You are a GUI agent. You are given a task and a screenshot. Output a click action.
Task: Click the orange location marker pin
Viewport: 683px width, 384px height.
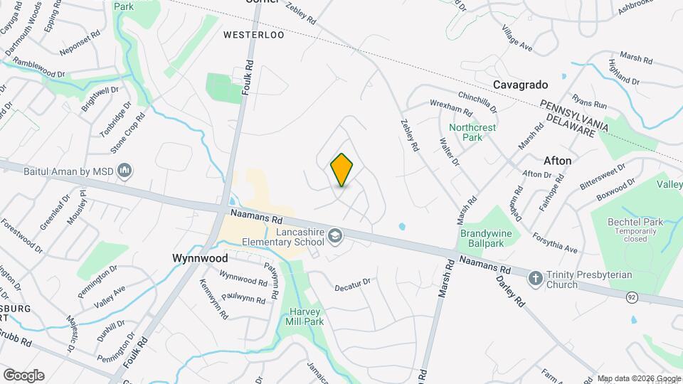point(341,169)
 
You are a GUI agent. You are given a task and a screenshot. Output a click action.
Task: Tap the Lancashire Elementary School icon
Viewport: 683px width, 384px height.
point(334,235)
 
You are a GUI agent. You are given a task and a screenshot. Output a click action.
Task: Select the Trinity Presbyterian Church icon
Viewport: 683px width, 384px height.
point(535,277)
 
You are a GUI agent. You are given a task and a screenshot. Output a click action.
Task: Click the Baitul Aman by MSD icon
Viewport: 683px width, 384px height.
point(125,171)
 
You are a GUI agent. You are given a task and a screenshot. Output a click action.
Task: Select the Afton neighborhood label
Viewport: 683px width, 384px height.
point(557,161)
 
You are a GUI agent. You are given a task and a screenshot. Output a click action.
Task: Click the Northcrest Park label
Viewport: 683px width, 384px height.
point(467,132)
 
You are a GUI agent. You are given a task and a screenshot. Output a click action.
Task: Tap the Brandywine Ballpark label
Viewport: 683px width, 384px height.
point(491,238)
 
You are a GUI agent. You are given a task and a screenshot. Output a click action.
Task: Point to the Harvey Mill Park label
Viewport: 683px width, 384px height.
point(307,316)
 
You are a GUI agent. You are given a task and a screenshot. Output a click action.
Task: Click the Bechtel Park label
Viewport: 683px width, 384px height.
point(635,223)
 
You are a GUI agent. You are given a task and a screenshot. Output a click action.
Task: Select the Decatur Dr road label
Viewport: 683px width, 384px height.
point(353,282)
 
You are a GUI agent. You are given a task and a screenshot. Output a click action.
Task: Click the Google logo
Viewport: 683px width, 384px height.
point(23,375)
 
